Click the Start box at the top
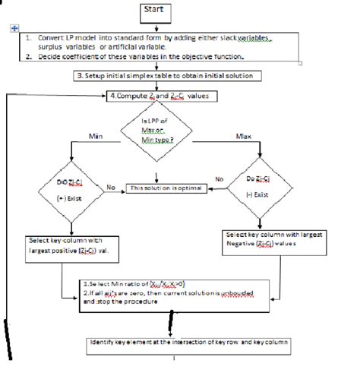click(x=156, y=12)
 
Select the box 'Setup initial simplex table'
click(x=169, y=77)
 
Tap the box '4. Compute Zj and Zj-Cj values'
click(x=163, y=96)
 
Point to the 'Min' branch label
click(x=96, y=137)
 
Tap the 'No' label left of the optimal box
click(x=110, y=186)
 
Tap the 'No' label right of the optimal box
click(x=219, y=179)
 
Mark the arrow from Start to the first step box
click(x=156, y=27)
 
